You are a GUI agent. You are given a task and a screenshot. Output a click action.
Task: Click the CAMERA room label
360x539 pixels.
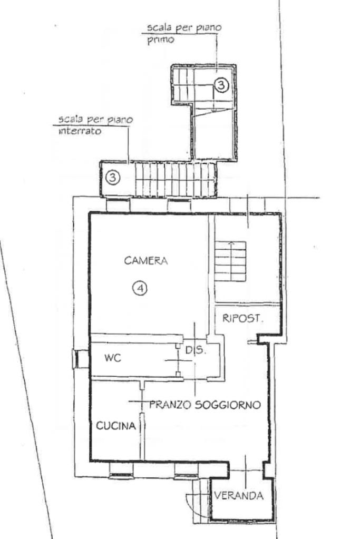tap(146, 261)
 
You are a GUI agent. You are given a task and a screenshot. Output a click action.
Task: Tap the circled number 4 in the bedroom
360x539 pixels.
tap(140, 288)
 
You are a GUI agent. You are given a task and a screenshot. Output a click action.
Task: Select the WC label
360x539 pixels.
tap(113, 358)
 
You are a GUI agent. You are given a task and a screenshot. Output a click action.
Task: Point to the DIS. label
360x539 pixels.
tap(196, 350)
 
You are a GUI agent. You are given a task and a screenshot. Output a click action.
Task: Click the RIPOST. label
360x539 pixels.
tap(243, 318)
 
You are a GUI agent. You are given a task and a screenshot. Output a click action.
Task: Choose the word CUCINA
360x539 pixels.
tap(116, 426)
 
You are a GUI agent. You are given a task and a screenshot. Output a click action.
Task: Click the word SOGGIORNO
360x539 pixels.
tap(228, 405)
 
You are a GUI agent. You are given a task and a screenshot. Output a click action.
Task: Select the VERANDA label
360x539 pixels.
tap(239, 495)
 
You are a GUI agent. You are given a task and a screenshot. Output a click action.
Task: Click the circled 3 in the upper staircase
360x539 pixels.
tap(221, 84)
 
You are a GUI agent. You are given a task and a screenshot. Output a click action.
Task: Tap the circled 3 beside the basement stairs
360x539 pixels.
tap(113, 178)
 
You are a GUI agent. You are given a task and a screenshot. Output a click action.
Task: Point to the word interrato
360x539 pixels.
tap(80, 131)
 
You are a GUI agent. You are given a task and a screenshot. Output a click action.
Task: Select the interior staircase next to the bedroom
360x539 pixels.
tap(230, 261)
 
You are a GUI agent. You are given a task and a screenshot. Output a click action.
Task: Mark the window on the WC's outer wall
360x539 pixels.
tap(76, 359)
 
